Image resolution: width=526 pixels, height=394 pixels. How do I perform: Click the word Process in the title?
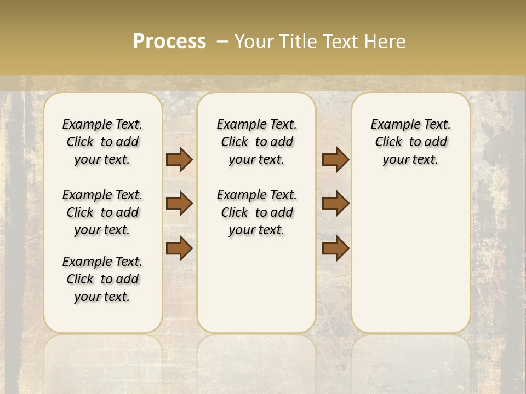[x=169, y=42]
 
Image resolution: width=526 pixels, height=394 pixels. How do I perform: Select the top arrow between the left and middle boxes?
[x=179, y=159]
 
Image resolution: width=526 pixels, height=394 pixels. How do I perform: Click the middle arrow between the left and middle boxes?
[x=179, y=204]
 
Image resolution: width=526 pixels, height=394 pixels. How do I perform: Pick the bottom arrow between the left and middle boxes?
[x=179, y=248]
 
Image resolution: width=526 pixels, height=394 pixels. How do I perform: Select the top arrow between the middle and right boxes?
[x=335, y=159]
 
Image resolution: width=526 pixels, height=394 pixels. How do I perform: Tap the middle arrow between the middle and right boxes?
[x=335, y=204]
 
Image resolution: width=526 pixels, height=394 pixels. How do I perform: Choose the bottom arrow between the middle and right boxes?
[x=335, y=248]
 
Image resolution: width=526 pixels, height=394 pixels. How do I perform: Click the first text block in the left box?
[x=102, y=142]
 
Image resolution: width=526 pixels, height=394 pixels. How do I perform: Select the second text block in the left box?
[x=102, y=212]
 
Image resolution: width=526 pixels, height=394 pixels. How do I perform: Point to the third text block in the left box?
[x=102, y=279]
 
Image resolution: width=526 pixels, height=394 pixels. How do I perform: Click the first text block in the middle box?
[x=257, y=142]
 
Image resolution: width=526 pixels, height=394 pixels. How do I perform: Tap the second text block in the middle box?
[x=257, y=212]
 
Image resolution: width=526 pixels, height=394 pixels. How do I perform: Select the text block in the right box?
[x=411, y=142]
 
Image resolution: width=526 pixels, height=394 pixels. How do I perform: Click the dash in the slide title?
[x=222, y=42]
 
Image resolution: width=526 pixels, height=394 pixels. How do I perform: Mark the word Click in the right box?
[x=388, y=142]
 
